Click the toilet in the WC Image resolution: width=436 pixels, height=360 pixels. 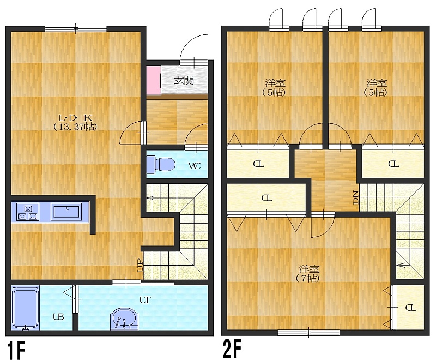pos(161,163)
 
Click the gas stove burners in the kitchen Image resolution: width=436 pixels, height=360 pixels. pos(28,212)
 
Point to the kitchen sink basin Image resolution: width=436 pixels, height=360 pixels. pos(66,212)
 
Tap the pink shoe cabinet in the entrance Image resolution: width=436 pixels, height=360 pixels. pos(154,80)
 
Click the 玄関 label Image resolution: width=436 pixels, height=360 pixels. pos(184,81)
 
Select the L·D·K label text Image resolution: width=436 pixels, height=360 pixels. pos(75,118)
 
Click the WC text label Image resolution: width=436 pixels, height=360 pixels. pos(195,166)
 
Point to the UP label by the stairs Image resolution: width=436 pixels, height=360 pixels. pos(140,266)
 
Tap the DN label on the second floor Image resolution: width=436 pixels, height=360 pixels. pos(356,198)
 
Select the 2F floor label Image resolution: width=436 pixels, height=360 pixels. pos(232,349)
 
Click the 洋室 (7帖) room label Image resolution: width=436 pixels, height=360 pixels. pos(308,274)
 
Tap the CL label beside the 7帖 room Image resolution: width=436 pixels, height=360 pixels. pos(410,308)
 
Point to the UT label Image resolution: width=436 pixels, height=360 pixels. pos(145,300)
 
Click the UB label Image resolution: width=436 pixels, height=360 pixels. pos(58,316)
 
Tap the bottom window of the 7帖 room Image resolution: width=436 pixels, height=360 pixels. pos(308,333)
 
